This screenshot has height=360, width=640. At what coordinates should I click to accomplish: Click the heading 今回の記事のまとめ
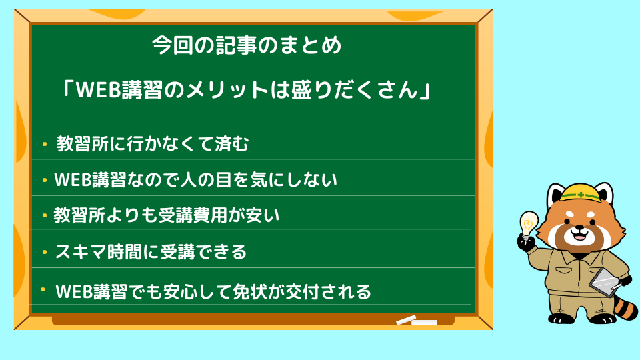[247, 45]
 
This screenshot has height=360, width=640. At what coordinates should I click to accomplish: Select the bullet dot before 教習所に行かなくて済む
[45, 144]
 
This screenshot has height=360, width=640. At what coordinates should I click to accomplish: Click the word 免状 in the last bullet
[250, 291]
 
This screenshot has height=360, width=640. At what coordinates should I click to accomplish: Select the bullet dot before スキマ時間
[45, 252]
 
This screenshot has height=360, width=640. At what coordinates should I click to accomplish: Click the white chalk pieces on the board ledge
[417, 321]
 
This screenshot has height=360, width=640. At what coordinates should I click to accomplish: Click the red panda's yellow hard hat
[581, 192]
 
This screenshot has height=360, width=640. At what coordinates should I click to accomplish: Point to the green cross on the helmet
[581, 195]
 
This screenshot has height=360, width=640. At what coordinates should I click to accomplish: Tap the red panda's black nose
[579, 229]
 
